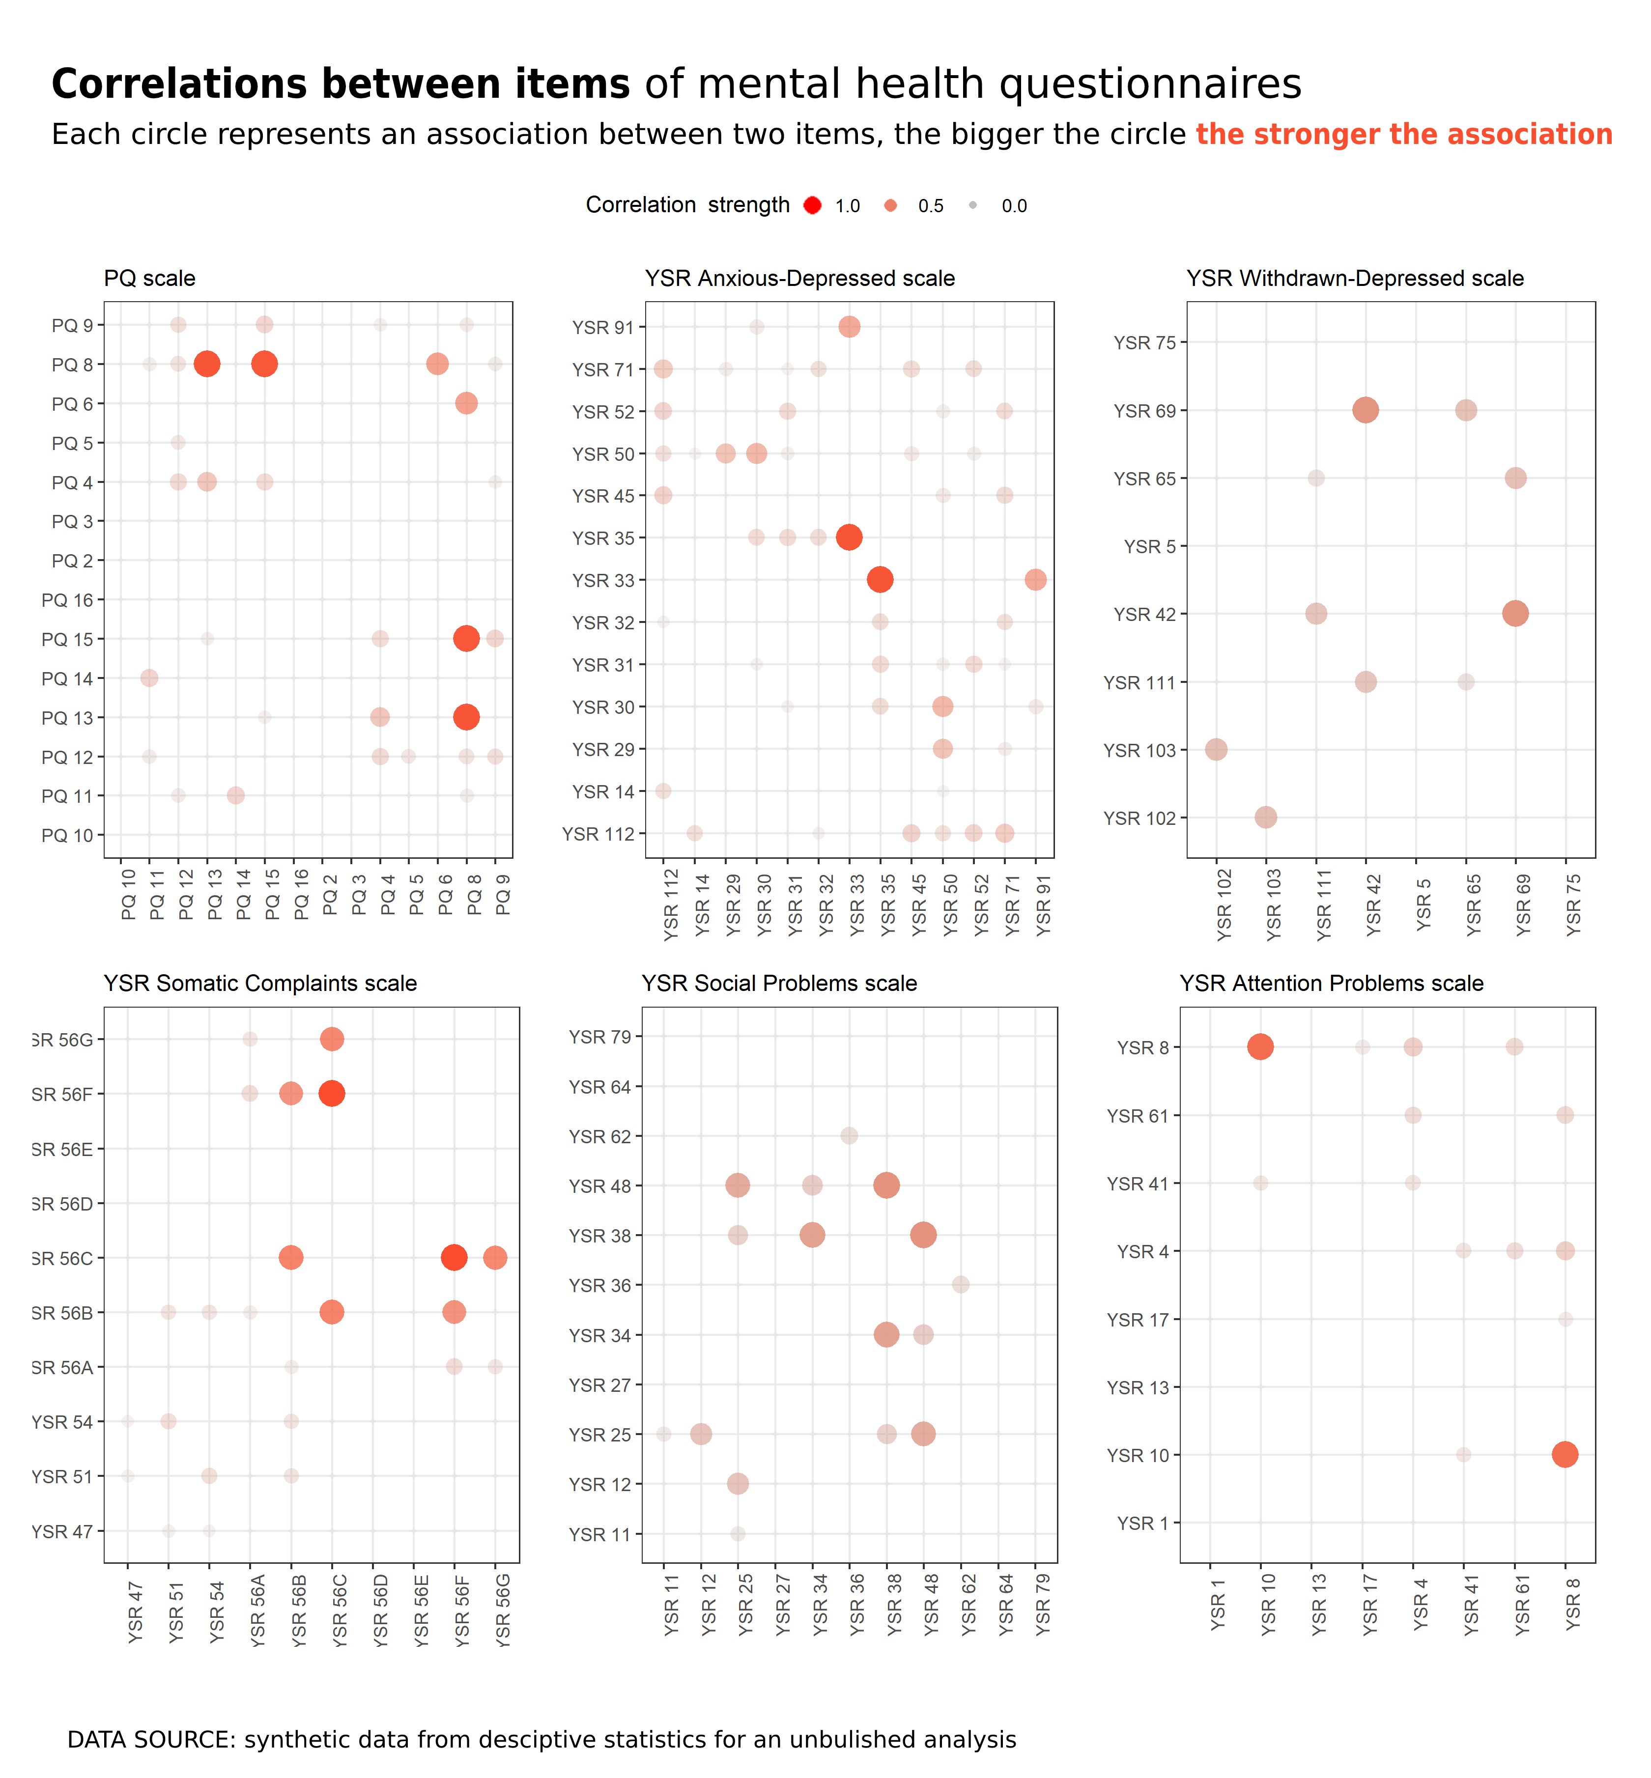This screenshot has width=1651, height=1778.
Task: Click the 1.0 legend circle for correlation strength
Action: click(812, 205)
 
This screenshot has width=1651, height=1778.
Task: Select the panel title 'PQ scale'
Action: click(149, 279)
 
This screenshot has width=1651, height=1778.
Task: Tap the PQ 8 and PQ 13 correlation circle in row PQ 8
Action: click(206, 364)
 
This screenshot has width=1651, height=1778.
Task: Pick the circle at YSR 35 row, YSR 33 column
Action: click(849, 537)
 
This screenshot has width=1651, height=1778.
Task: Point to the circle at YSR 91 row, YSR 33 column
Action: click(849, 327)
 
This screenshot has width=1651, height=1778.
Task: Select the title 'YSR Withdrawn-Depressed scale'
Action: click(1354, 279)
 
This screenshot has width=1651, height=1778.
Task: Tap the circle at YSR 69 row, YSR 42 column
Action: click(1365, 410)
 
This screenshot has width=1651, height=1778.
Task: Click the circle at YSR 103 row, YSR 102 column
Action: click(1216, 750)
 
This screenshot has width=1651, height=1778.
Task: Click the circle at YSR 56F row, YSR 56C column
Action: click(332, 1094)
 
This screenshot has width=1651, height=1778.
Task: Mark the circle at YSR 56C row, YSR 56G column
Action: click(495, 1258)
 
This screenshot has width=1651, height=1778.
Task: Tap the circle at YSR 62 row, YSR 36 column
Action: click(849, 1135)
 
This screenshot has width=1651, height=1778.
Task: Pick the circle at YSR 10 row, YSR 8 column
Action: click(1565, 1455)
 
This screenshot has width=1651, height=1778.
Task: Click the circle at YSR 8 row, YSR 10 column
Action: click(1260, 1046)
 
